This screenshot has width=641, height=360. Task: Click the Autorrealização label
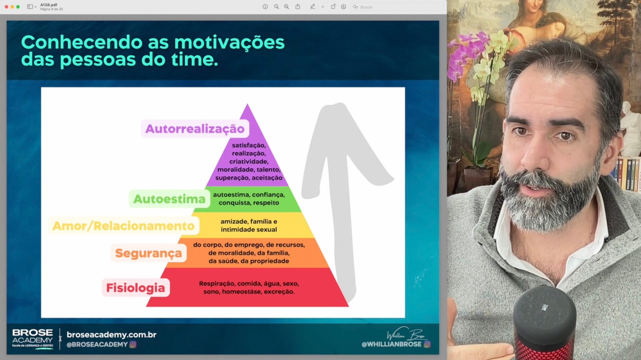[195, 129]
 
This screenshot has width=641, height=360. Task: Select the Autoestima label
[169, 199]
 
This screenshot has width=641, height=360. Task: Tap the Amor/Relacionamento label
[123, 226]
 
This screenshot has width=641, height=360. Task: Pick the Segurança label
[149, 253]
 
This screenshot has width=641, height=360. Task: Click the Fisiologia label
[136, 287]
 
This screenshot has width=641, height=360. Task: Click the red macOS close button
[6, 6]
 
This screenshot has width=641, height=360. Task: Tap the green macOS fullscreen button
[18, 6]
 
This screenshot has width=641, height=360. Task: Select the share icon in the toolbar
[298, 6]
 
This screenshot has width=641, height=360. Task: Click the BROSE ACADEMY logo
[32, 338]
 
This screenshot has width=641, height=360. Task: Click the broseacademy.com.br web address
[112, 334]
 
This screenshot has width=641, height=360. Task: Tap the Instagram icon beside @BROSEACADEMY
[133, 344]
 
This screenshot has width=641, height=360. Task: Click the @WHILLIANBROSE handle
[391, 344]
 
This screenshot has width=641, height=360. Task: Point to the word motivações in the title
[230, 42]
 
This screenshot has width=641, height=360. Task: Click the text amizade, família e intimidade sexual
[249, 225]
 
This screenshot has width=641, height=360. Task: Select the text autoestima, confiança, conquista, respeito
[249, 198]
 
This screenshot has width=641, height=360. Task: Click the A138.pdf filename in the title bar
[48, 5]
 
